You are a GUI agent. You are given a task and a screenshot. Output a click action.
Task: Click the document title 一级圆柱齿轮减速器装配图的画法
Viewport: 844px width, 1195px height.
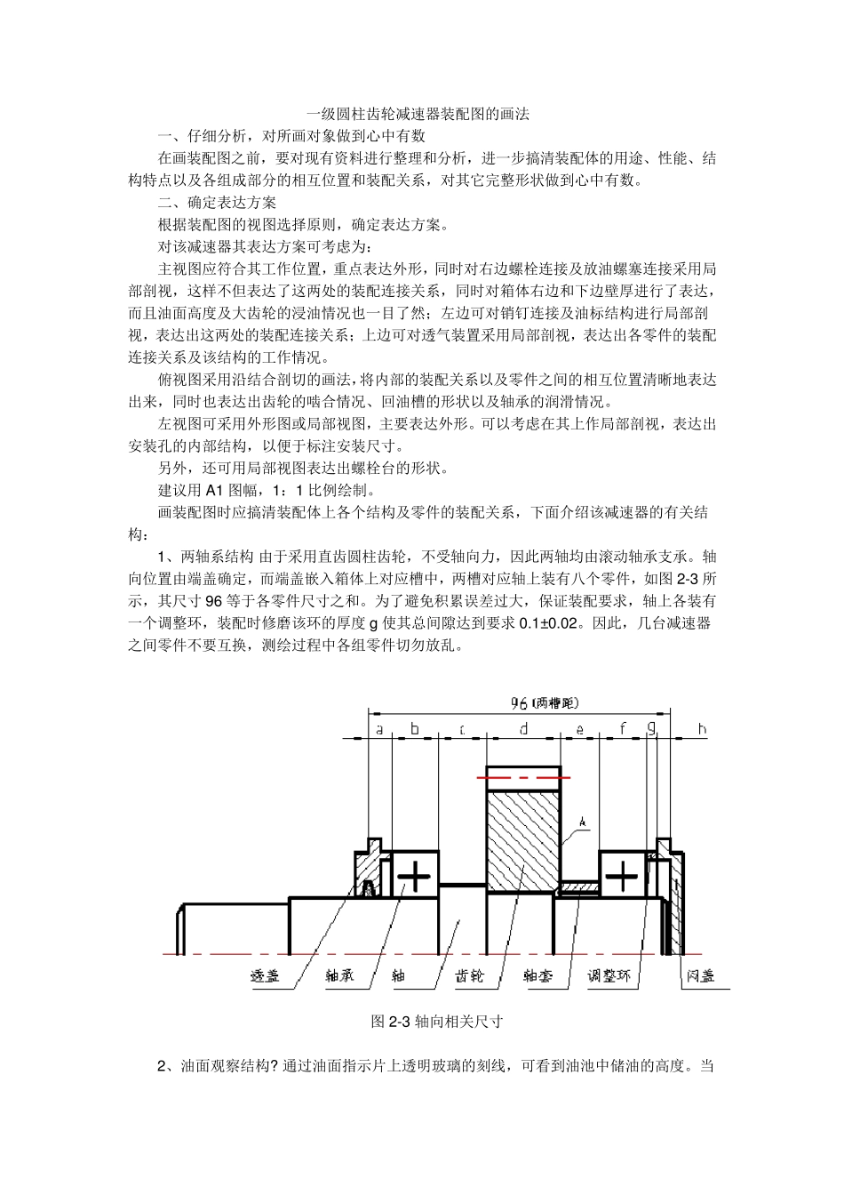(x=418, y=114)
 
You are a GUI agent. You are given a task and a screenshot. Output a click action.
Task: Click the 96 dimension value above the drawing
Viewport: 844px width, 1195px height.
(x=519, y=703)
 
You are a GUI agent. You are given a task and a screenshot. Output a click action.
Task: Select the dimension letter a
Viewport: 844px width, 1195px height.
(x=380, y=729)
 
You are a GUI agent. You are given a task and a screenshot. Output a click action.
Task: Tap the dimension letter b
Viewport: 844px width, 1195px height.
(x=414, y=729)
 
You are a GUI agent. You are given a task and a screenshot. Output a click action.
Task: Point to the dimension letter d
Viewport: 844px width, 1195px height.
(x=524, y=729)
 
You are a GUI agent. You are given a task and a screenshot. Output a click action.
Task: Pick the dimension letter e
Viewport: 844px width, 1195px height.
(x=580, y=730)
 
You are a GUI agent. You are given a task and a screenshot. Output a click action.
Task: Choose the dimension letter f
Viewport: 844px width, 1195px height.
(x=623, y=729)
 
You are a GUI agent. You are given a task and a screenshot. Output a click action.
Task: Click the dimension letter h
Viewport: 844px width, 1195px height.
(x=702, y=729)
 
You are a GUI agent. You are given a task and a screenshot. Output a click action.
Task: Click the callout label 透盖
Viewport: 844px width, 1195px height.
(x=265, y=975)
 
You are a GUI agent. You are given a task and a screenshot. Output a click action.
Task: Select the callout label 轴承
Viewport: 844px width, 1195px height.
(x=339, y=975)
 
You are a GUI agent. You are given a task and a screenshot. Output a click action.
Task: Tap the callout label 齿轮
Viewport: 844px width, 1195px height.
(x=469, y=975)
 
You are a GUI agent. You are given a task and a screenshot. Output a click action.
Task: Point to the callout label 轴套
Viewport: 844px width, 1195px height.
(x=537, y=975)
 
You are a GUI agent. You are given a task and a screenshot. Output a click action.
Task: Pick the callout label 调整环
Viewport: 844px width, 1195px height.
(x=609, y=975)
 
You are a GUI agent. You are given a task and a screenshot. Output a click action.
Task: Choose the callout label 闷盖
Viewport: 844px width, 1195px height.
(x=700, y=975)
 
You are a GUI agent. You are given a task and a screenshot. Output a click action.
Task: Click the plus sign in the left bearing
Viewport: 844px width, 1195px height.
(x=414, y=877)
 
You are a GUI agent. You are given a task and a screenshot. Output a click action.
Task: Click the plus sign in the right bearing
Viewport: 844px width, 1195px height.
(x=622, y=877)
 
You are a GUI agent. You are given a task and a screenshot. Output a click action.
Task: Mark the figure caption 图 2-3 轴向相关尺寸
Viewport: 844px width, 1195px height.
(x=436, y=1022)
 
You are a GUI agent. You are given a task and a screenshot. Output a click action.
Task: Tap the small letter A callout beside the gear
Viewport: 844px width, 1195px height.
(x=583, y=823)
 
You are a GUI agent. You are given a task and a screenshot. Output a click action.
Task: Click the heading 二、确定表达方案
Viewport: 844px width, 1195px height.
(x=217, y=203)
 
